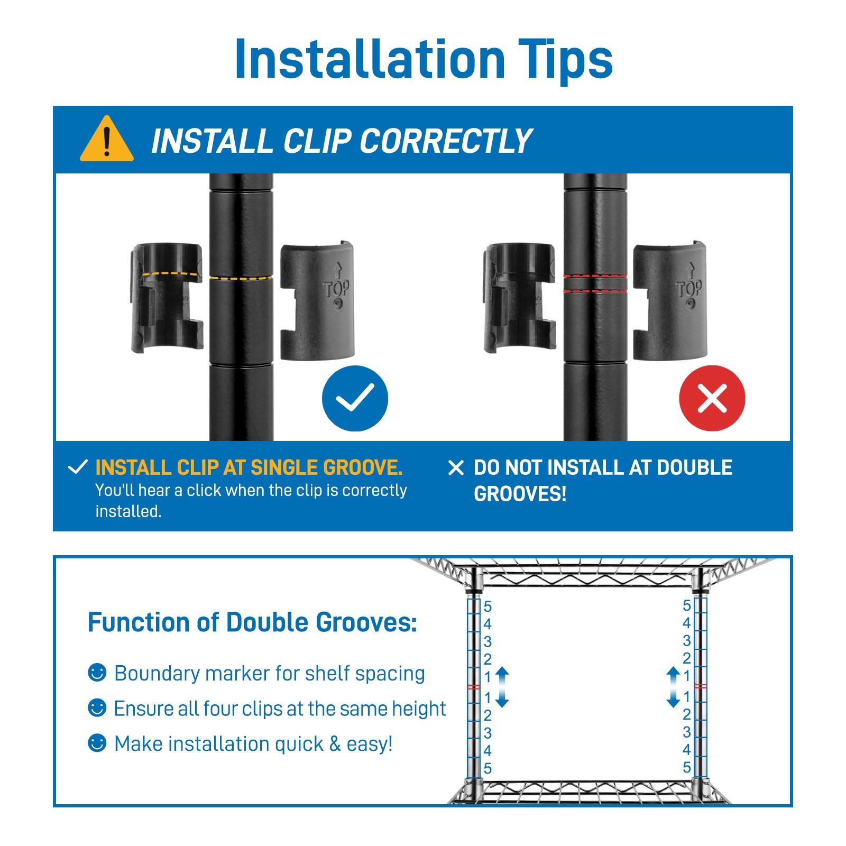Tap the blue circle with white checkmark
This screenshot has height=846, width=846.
355,398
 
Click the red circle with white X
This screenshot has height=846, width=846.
712,398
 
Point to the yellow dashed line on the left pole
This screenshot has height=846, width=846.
241,278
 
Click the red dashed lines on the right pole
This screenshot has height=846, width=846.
595,283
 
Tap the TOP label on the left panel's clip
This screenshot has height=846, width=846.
336,288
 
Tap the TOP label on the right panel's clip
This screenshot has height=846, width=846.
689,288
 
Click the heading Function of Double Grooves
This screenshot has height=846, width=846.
252,622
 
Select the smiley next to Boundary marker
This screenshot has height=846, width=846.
97,673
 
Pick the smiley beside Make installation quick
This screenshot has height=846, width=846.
97,743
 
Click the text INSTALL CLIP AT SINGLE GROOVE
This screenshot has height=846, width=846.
249,468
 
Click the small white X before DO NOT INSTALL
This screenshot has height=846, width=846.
455,468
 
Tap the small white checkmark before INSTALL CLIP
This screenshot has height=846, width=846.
78,467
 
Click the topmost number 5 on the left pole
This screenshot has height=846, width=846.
488,606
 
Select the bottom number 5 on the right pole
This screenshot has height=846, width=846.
686,767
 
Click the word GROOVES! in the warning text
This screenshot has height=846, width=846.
520,494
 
